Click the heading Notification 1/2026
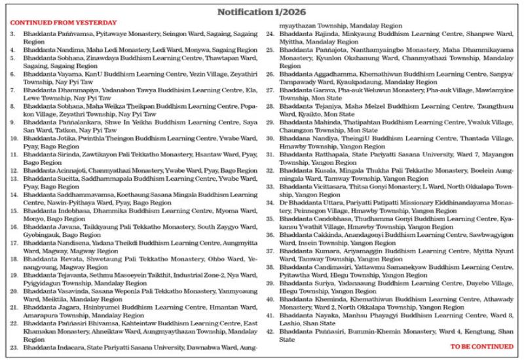coord(262,12)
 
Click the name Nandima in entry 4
coord(70,49)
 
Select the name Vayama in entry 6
coord(70,75)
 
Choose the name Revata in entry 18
coord(69,259)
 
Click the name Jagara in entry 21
coord(69,306)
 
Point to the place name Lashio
coord(291,323)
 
